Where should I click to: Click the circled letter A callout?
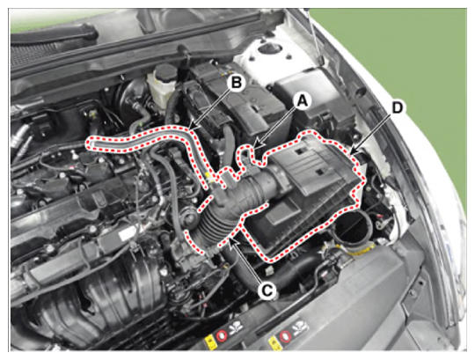click(x=302, y=101)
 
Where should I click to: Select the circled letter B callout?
click(x=237, y=82)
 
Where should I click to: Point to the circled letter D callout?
click(x=397, y=107)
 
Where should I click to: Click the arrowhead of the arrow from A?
click(x=257, y=144)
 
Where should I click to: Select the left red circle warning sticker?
click(x=222, y=335)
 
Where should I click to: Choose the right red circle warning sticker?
click(x=285, y=335)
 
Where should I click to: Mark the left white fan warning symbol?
click(x=237, y=329)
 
